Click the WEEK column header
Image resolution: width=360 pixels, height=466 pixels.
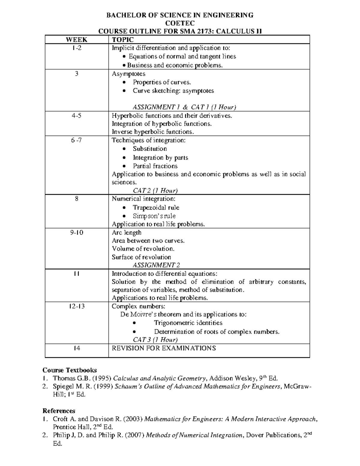coord(76,40)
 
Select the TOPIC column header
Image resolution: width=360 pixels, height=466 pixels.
coord(123,40)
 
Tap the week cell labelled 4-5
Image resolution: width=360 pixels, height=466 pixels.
coord(76,116)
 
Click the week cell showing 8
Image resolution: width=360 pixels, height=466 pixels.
coord(76,199)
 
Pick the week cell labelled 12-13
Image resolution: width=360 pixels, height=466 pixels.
coord(76,306)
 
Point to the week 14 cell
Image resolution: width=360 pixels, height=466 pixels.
coord(76,348)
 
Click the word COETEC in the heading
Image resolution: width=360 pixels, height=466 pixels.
coord(180,23)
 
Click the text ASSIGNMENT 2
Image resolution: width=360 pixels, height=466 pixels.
coord(156,265)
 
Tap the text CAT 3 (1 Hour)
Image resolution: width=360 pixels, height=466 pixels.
coord(155,340)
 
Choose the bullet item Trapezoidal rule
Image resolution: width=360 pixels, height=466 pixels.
coord(156,208)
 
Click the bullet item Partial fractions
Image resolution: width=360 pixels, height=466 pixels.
coord(155,166)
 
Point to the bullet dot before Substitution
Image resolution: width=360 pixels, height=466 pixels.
coord(124,149)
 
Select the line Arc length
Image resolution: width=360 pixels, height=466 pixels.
coord(126,233)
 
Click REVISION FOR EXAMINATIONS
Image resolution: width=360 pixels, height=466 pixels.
coord(163,348)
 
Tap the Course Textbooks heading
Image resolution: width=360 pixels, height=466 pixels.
coord(70,370)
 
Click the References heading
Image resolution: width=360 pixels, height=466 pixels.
coord(59,411)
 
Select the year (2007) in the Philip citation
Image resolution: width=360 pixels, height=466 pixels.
coord(134,435)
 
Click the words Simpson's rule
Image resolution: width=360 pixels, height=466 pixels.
coord(154,216)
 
